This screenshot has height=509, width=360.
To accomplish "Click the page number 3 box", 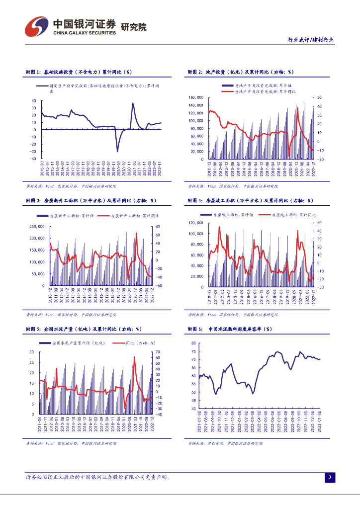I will coord(329,478).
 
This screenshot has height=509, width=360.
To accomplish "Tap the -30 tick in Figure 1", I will coord(33,152).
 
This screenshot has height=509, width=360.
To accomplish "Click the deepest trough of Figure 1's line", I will coord(118,151).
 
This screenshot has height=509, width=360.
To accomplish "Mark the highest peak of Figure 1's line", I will coord(133,103).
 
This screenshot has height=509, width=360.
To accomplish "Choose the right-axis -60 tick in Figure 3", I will coord(158,286).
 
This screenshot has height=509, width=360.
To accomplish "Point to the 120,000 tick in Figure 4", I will coord(196,222).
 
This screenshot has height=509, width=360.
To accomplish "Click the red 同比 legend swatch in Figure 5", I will coord(118,343).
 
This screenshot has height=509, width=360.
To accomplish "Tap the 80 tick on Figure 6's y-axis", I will coord(192,343).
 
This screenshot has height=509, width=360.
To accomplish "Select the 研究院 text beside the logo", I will coord(134,27).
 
